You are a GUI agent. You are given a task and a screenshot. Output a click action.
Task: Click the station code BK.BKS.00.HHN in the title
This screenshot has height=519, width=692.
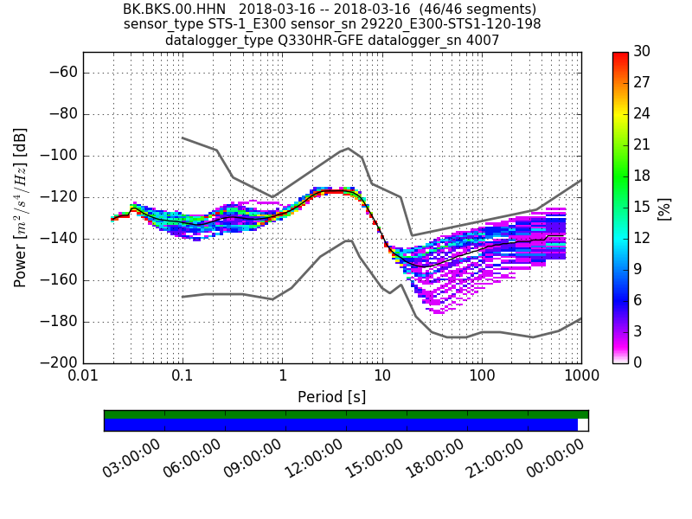click(174, 9)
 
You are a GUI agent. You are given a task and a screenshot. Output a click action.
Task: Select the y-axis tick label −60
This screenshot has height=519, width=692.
click(61, 73)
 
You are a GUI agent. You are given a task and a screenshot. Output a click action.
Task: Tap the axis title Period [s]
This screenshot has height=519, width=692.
click(331, 397)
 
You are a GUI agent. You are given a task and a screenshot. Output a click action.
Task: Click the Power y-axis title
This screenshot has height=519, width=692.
click(20, 208)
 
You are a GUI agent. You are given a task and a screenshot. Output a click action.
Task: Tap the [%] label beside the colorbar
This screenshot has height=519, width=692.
click(664, 208)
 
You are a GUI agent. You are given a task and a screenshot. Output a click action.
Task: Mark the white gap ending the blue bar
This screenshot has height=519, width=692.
click(583, 425)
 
